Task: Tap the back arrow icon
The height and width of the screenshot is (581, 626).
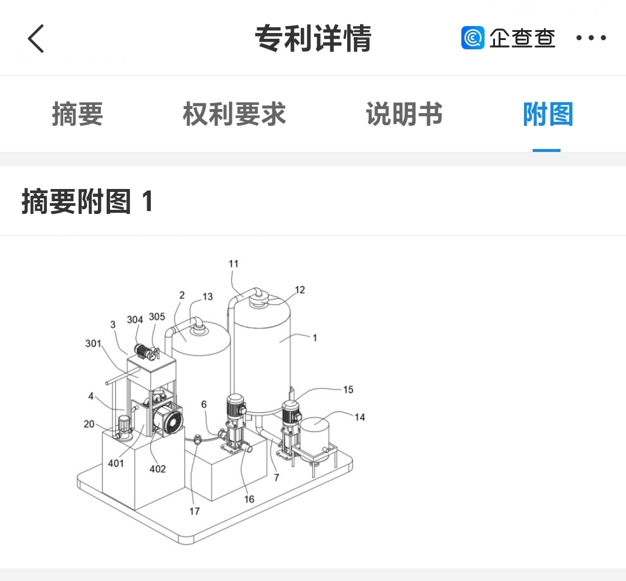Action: [36, 39]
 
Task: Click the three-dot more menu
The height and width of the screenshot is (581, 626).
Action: [591, 38]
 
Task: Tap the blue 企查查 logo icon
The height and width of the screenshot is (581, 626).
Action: [472, 38]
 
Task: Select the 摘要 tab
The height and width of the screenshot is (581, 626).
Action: [78, 114]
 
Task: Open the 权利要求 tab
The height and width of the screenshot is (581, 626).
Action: [234, 114]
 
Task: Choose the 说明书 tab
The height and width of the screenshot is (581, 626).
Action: [404, 114]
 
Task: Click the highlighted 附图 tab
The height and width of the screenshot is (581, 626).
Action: [547, 114]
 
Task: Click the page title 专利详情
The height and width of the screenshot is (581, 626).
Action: [313, 39]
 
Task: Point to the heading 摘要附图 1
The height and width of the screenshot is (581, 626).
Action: [88, 202]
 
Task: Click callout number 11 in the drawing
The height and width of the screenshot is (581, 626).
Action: [234, 264]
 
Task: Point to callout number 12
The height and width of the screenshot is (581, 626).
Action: [299, 290]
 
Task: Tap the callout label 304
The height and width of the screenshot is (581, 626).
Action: [134, 320]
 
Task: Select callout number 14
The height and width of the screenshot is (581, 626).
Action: [359, 417]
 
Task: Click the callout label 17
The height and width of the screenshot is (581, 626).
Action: [194, 511]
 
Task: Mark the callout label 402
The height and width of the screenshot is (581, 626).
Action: [158, 469]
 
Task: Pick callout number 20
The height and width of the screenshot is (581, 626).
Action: [89, 424]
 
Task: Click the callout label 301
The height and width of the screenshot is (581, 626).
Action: [93, 343]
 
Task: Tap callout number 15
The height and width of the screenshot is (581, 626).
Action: [348, 390]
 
